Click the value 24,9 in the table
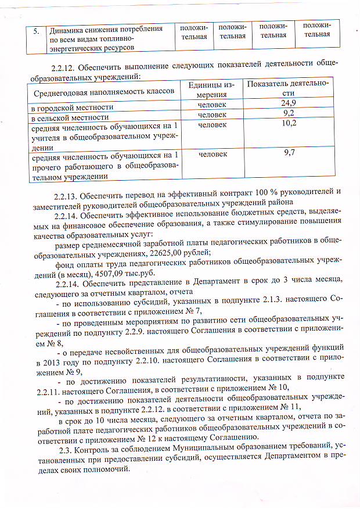click(289, 103)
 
